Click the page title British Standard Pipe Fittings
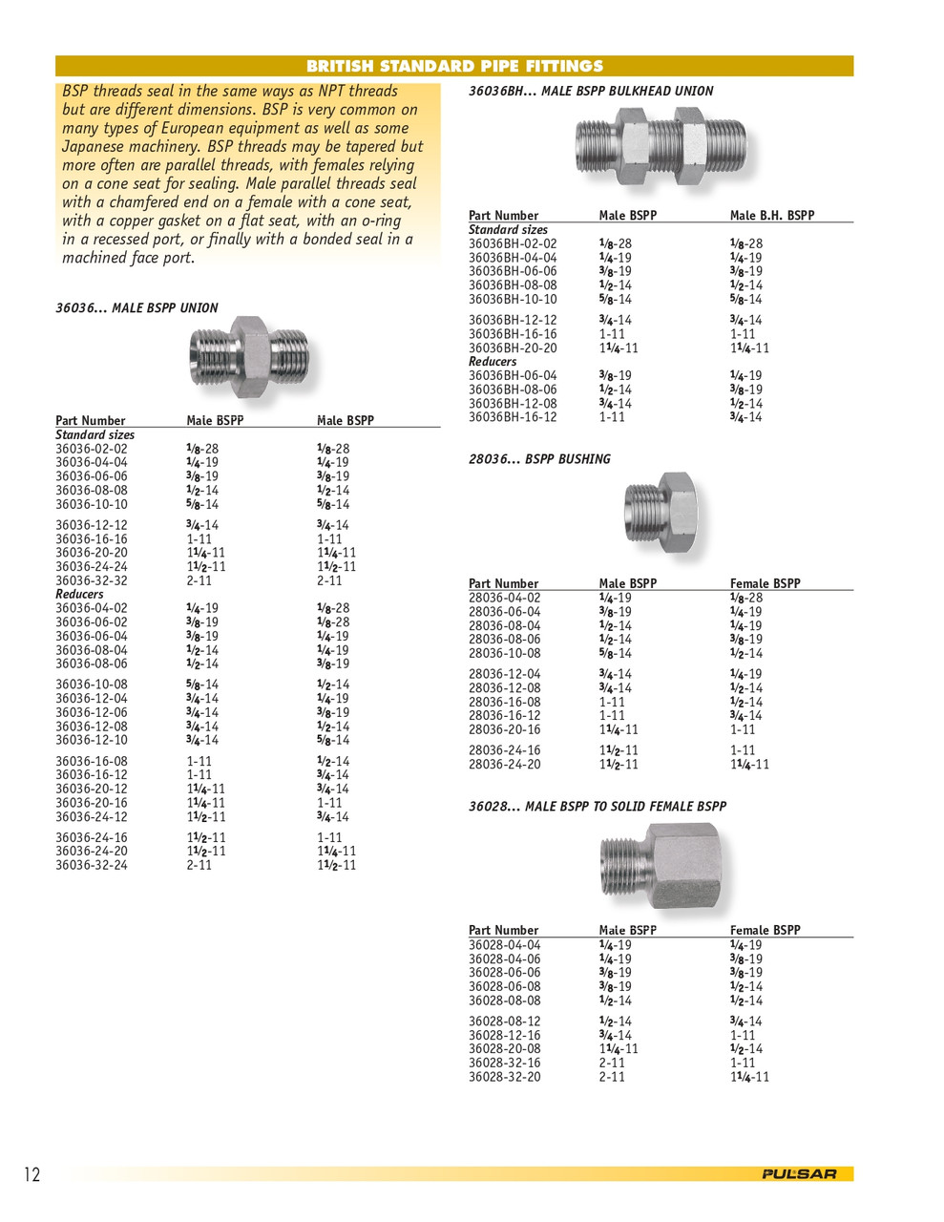454,66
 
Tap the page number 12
32,1174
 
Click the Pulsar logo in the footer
799,1174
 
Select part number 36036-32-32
91,580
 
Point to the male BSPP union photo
249,357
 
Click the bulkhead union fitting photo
661,147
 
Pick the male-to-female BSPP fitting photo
661,864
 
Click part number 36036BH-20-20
513,348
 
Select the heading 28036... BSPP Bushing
539,459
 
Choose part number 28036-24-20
504,765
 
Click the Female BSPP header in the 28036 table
765,583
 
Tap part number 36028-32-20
504,1077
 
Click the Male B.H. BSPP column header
771,216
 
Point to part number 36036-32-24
91,866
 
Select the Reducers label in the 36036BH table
493,362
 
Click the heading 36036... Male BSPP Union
136,308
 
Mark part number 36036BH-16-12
513,417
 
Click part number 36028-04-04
504,945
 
